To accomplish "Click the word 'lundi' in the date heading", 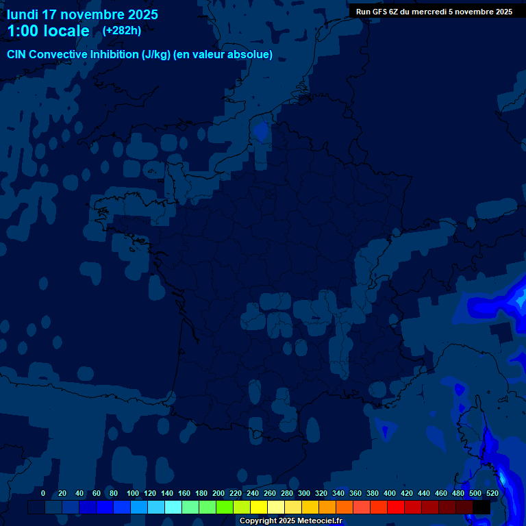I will click(23, 14).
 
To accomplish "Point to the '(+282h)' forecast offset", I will click(122, 30).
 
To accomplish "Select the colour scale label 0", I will click(43, 493).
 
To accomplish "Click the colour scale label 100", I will click(133, 493).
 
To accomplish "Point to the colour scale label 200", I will click(218, 493).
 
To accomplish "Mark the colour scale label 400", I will click(390, 493).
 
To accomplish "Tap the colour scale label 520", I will click(492, 493).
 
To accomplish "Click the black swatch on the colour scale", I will click(481, 508).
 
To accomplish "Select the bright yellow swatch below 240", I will click(259, 508).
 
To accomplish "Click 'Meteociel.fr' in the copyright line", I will click(319, 521).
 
